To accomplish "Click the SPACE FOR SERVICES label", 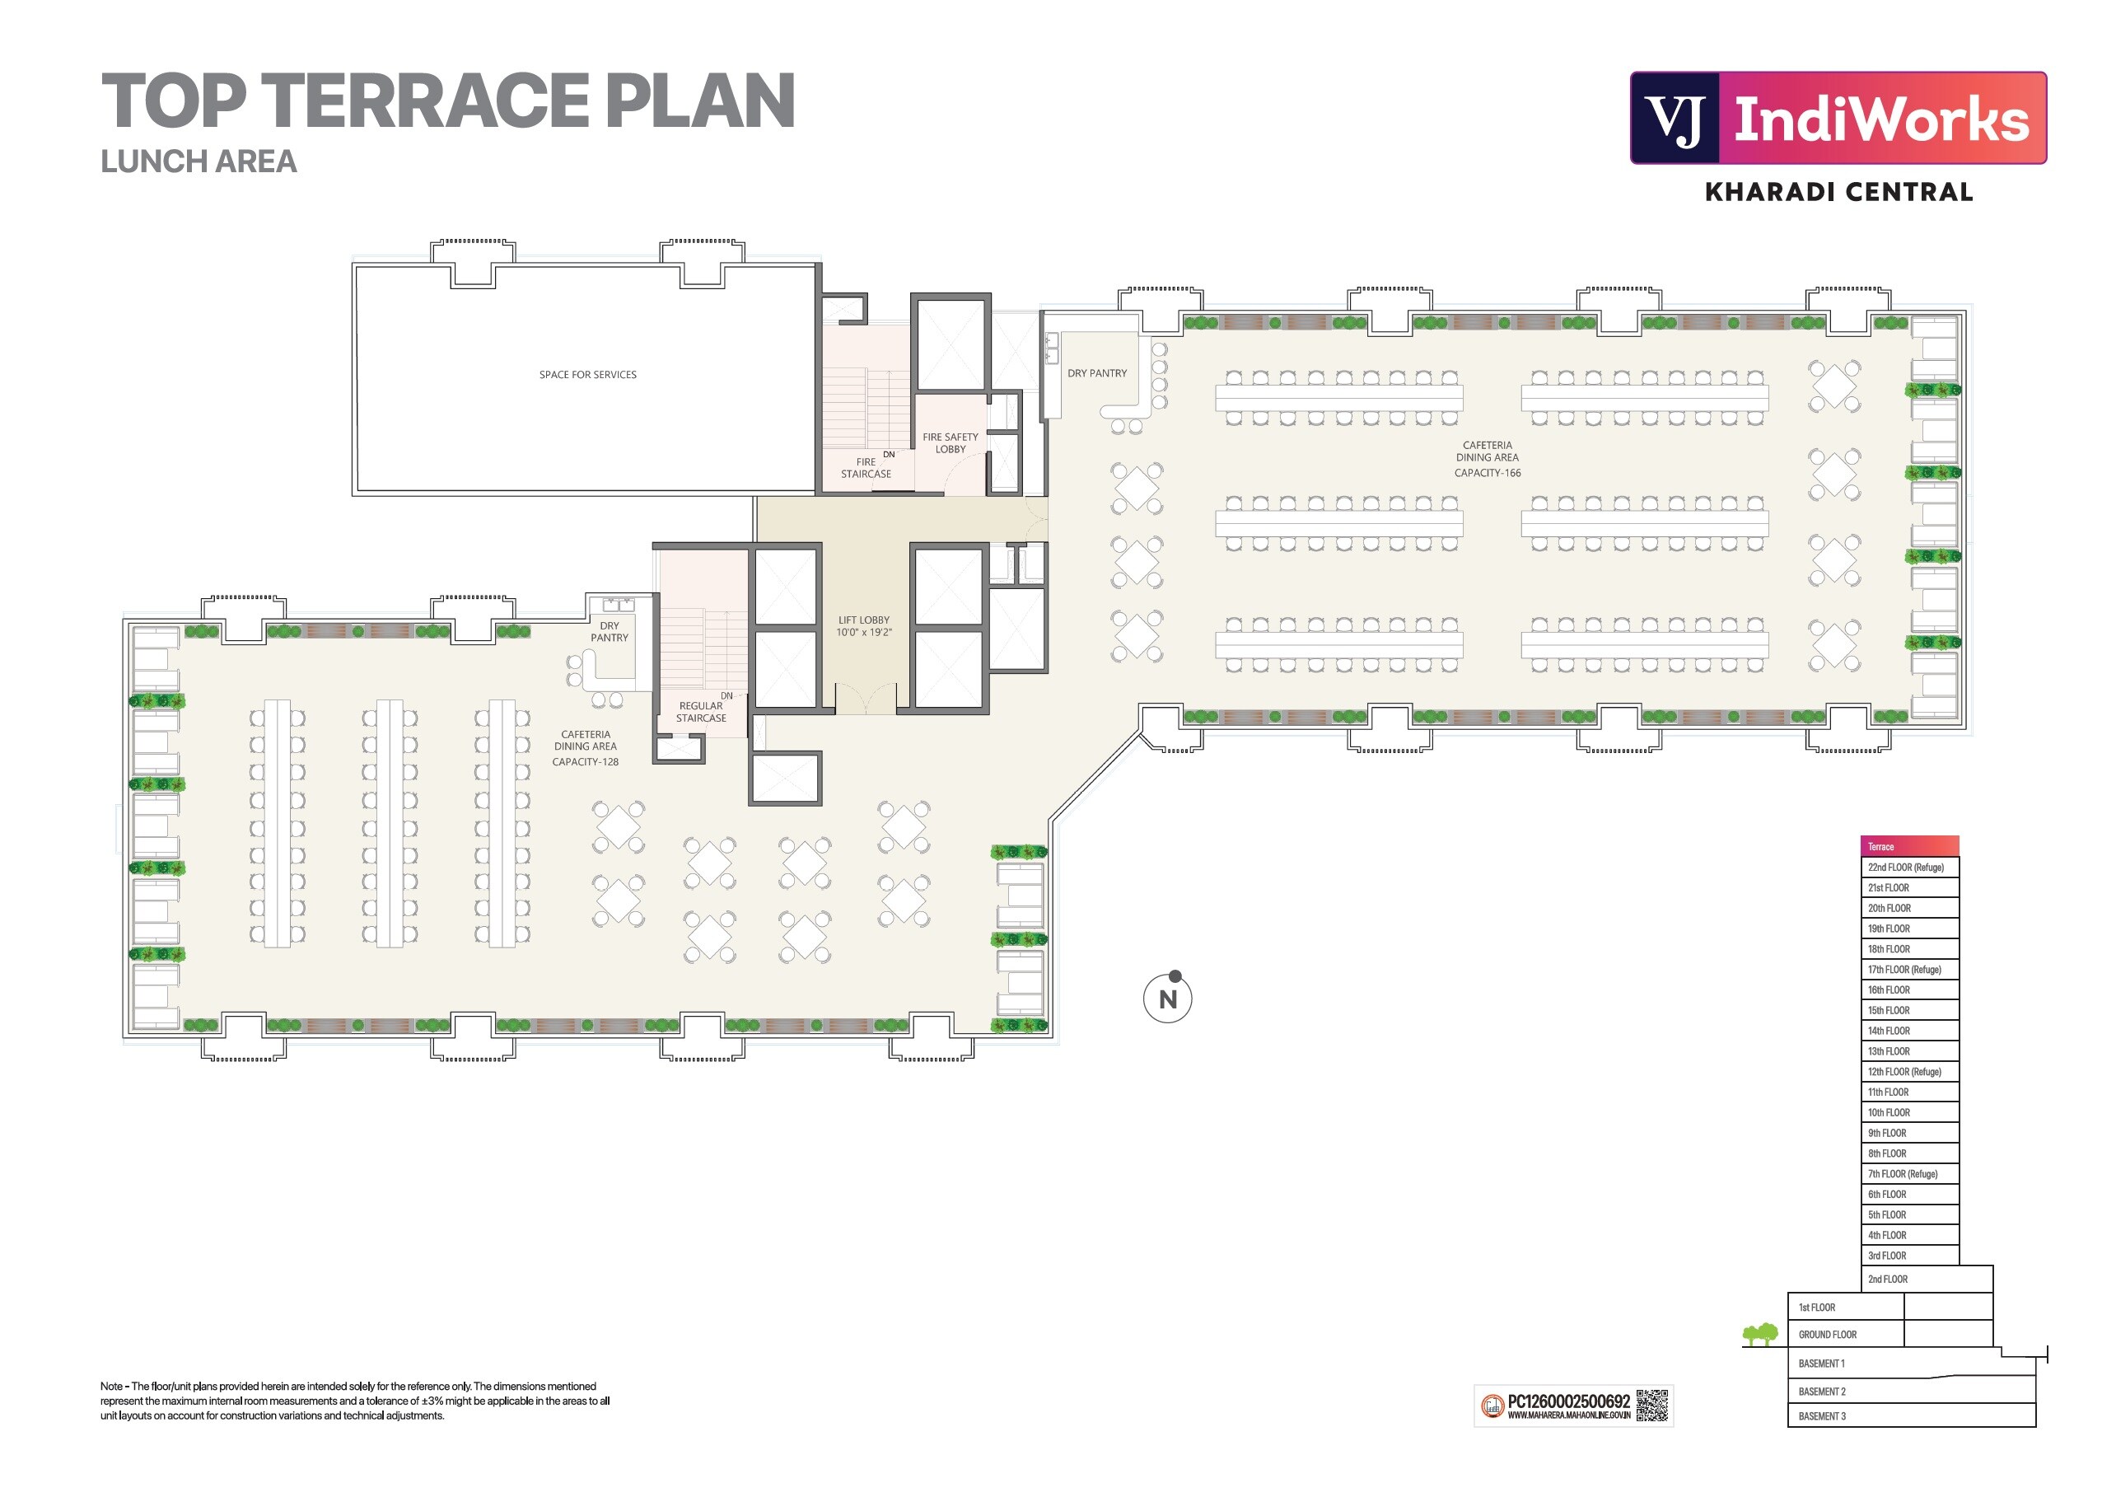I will (587, 374).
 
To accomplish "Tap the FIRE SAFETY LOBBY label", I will (951, 443).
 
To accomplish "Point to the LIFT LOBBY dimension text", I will (863, 633).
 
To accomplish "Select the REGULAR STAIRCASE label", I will (700, 712).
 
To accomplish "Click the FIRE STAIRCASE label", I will (866, 468).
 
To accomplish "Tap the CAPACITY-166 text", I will (1487, 473).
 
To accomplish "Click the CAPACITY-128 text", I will (586, 761).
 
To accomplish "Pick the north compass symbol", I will (1168, 998).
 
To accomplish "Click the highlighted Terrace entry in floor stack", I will (1908, 846).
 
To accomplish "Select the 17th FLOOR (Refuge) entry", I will (1904, 970).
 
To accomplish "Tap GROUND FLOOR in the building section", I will (1827, 1334).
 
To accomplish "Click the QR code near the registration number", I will (1652, 1406).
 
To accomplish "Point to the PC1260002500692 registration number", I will (1568, 1401).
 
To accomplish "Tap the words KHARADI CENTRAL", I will (1838, 192).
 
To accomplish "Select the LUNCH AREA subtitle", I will (199, 161).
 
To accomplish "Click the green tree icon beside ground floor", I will (1759, 1334).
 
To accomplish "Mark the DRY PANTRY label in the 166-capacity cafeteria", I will (1096, 373).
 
